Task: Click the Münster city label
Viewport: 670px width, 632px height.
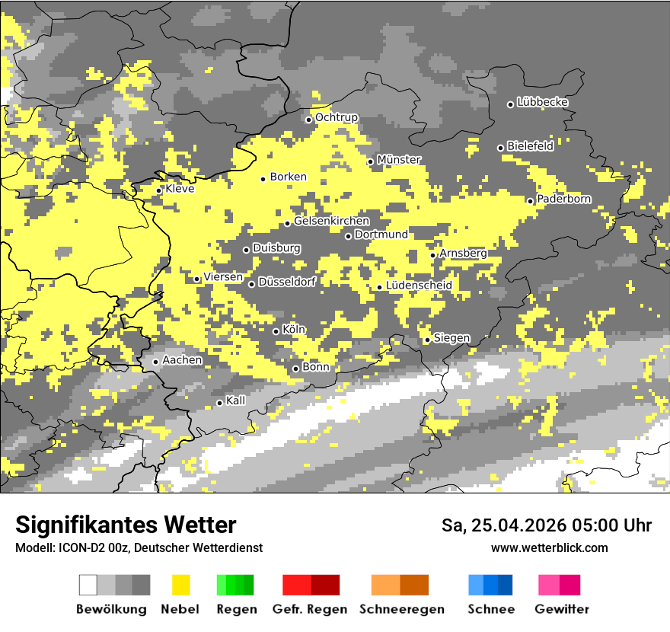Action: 399,160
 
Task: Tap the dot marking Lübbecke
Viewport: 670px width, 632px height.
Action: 511,104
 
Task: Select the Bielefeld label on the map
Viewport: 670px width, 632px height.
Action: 530,146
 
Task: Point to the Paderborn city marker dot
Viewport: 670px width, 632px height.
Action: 531,201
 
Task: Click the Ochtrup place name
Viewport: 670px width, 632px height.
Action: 337,118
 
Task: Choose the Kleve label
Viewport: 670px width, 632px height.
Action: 180,189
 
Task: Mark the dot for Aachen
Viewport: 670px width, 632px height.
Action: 156,362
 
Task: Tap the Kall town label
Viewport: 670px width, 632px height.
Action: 236,401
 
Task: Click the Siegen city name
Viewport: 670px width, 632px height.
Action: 451,338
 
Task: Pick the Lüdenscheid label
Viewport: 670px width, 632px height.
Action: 419,286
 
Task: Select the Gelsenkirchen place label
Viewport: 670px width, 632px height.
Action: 331,222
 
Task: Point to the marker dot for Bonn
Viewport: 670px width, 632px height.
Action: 296,369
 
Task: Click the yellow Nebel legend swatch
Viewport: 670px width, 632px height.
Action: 180,585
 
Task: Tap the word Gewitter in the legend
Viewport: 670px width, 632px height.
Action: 562,609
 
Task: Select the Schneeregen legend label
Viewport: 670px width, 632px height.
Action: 401,609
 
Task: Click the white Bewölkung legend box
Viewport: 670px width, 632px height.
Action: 88,585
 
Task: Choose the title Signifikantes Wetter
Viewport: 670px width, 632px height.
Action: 126,525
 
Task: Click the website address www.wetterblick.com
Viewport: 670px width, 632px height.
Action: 549,547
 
